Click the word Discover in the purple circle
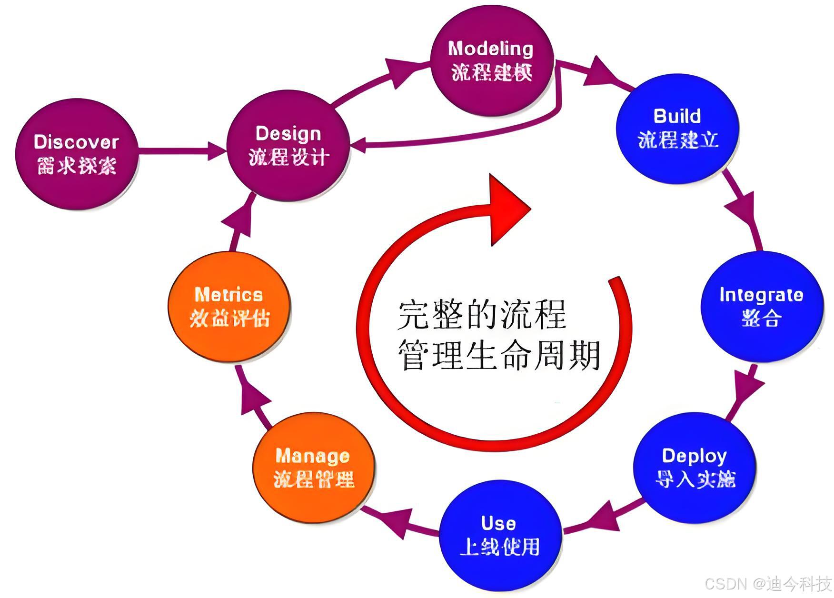(x=76, y=142)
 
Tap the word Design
(x=288, y=134)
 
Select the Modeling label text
(x=490, y=49)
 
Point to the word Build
(x=677, y=116)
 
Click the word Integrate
(x=761, y=295)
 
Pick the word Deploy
(x=694, y=456)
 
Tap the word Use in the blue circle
(x=498, y=523)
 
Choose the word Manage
(x=312, y=456)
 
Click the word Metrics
(x=228, y=295)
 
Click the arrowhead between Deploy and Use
(x=605, y=516)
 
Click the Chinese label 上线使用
(x=499, y=547)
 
